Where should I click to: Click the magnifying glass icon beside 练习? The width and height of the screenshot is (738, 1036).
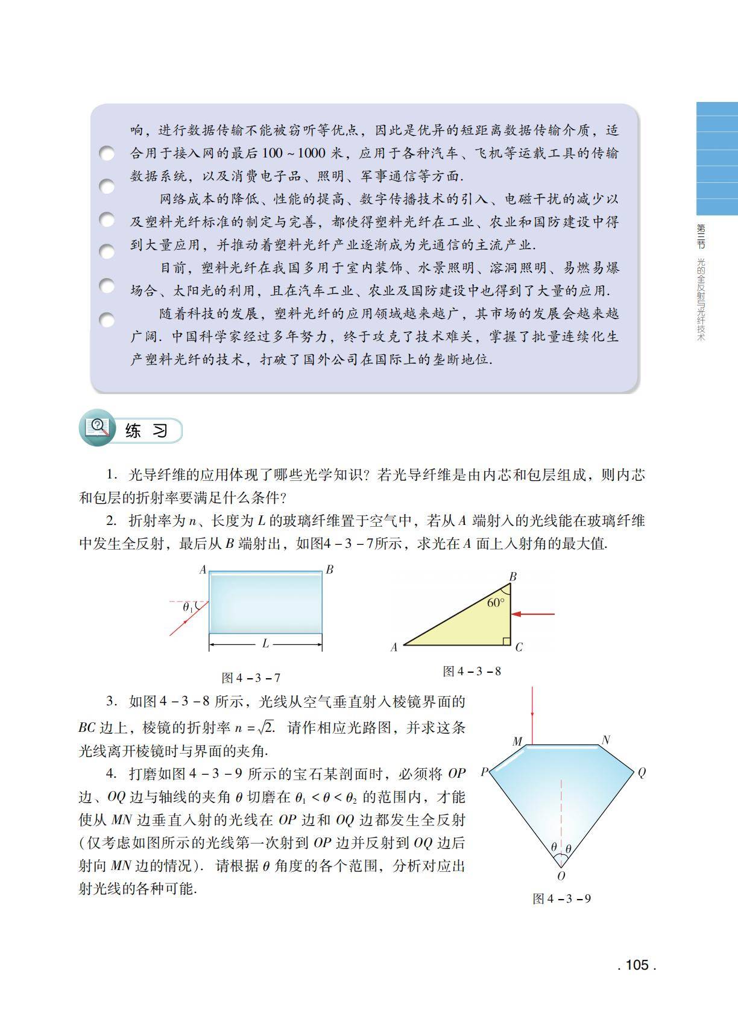click(98, 429)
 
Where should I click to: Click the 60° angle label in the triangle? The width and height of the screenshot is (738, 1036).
click(495, 603)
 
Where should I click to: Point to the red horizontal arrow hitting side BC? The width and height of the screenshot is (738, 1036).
click(533, 614)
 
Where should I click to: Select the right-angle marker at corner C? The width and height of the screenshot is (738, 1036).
click(506, 641)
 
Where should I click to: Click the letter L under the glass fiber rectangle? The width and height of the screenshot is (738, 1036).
click(265, 644)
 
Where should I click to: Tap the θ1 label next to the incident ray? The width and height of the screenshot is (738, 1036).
click(188, 608)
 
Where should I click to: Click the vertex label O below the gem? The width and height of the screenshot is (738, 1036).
click(561, 876)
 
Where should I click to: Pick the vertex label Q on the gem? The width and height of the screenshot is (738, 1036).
click(641, 773)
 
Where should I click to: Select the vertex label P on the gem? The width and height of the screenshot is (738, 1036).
click(484, 772)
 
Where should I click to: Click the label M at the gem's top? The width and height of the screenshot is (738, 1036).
click(517, 742)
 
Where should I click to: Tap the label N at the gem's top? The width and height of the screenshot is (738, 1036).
click(605, 740)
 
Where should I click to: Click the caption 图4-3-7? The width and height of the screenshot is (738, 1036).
click(251, 678)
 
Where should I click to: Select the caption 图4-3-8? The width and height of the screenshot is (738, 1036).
click(471, 671)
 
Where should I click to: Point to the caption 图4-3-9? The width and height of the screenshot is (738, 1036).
click(561, 898)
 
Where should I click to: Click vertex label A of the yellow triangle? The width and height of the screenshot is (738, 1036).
click(394, 647)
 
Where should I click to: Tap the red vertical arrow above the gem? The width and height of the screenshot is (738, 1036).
click(532, 710)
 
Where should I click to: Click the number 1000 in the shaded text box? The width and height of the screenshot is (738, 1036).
click(311, 153)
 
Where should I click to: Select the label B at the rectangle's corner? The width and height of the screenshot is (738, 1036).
click(329, 569)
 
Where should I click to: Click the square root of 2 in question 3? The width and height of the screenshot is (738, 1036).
click(265, 726)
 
